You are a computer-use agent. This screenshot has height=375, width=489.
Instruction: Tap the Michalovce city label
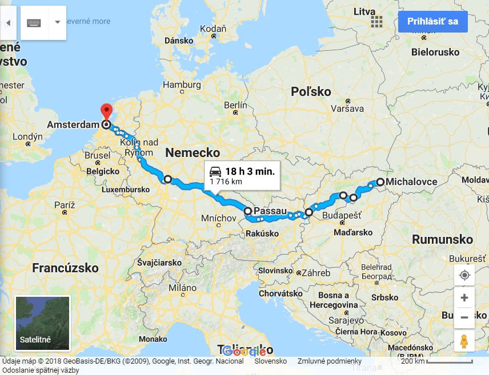[x=411, y=182]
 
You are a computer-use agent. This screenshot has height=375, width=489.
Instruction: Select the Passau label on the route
[x=269, y=211]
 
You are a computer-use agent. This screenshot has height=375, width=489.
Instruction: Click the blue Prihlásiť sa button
[x=433, y=22]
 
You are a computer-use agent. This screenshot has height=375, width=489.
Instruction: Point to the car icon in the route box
[x=215, y=171]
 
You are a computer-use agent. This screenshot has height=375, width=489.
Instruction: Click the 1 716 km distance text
[x=226, y=182]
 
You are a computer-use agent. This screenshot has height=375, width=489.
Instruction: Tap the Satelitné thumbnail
[x=42, y=322]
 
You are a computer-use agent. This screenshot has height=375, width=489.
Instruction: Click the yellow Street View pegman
[x=464, y=341]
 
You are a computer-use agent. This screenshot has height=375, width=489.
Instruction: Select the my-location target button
[x=464, y=275]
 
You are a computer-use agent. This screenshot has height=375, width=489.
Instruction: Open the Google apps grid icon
[x=376, y=22]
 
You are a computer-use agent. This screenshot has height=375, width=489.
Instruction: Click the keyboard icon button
[x=34, y=22]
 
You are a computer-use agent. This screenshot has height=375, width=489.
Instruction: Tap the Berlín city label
[x=236, y=105]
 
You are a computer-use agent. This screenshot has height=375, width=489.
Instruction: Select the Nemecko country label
[x=193, y=152]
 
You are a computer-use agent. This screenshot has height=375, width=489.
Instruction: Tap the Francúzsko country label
[x=65, y=268]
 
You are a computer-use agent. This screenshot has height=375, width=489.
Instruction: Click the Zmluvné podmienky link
[x=330, y=361]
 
